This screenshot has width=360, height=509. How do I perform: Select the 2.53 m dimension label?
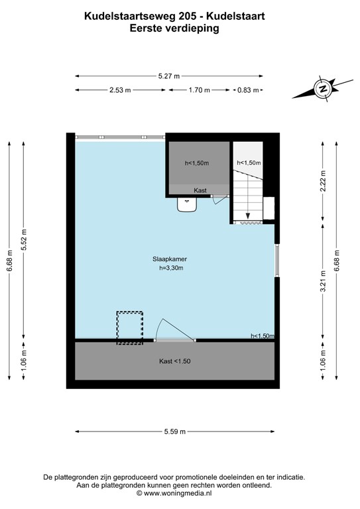(119, 90)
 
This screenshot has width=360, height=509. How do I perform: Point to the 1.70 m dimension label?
(199, 90)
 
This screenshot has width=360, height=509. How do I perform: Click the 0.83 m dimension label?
(249, 90)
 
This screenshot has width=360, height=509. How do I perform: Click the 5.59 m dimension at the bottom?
(175, 431)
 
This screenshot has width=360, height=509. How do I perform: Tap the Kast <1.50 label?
(175, 362)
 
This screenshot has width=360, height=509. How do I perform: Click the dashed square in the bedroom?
(129, 327)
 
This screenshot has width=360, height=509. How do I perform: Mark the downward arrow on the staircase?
(247, 214)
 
